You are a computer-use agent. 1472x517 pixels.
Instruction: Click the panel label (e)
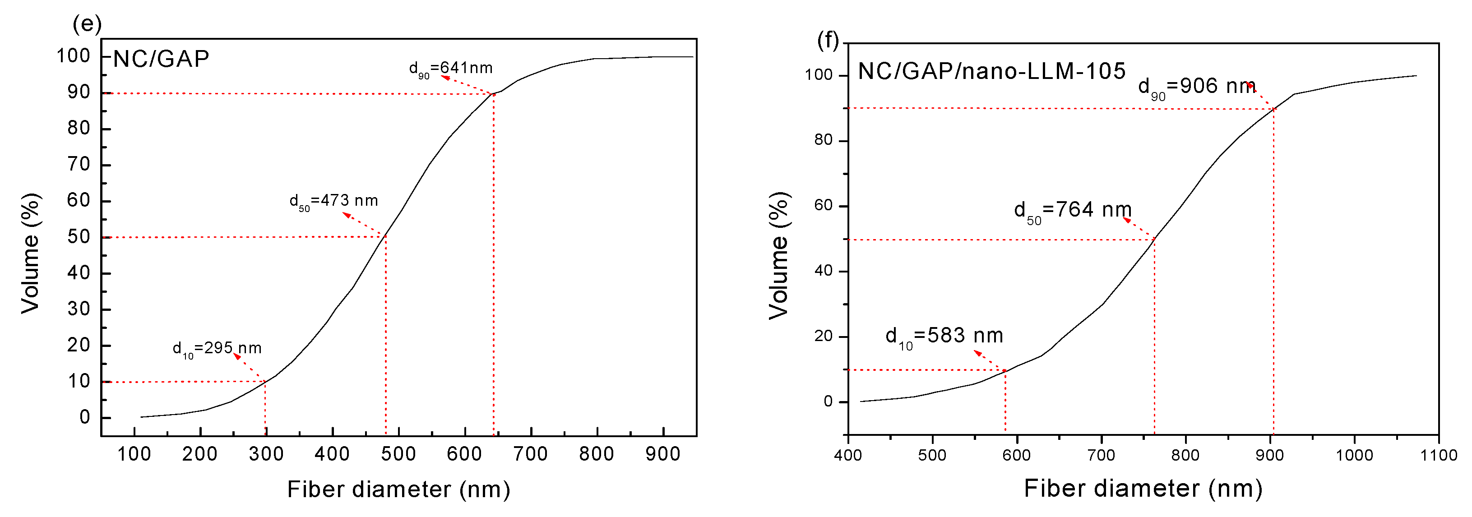coord(87,24)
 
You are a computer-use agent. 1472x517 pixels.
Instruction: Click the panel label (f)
coord(828,41)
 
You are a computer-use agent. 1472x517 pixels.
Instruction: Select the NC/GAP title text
coord(161,59)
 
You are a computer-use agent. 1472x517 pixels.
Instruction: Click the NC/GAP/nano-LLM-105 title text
coord(991,71)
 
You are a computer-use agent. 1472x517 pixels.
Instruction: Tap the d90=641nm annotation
coord(450,69)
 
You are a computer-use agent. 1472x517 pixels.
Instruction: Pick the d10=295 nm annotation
coord(217,348)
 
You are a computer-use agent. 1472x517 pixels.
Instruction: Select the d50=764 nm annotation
coord(1073,210)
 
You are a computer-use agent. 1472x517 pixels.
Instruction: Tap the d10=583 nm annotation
coord(944,336)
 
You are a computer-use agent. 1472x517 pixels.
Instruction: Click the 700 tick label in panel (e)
coord(530,454)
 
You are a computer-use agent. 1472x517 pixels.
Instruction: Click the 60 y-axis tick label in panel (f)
coord(824,205)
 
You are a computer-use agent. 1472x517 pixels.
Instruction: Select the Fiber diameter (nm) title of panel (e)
coord(398,489)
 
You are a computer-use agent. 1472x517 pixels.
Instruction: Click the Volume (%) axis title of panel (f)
coord(779,255)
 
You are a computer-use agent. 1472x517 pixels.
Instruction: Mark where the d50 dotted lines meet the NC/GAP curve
coord(386,236)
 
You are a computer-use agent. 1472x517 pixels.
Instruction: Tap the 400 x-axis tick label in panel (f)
coord(847,455)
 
